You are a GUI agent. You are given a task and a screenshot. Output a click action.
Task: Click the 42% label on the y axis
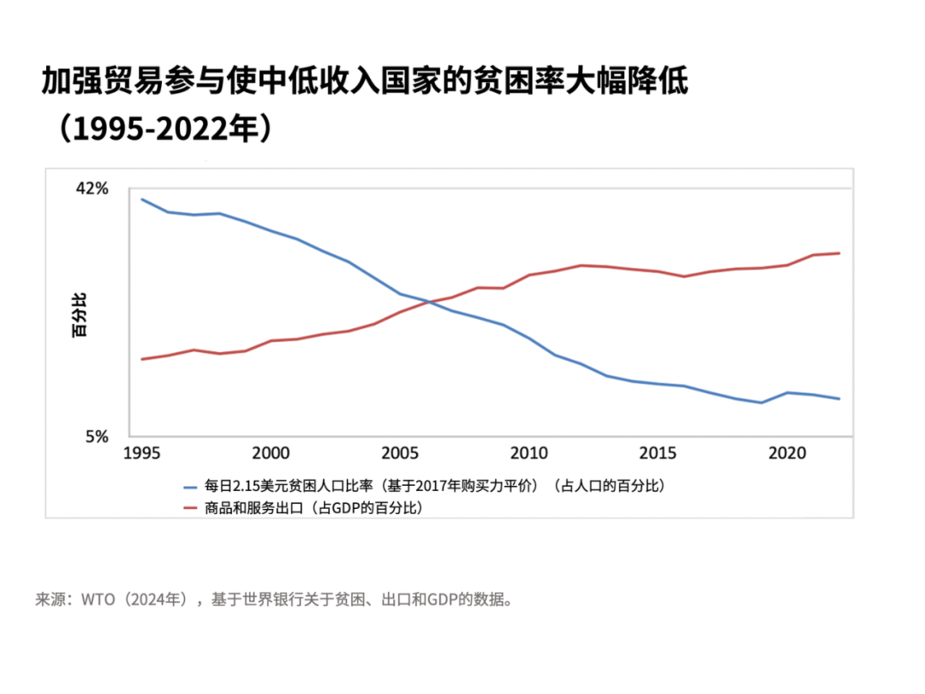coord(92,188)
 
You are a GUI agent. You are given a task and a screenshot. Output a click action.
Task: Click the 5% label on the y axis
coord(96,436)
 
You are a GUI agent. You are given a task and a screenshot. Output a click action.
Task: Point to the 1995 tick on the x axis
coord(141,453)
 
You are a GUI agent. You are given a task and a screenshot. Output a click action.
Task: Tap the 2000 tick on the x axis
coord(271,453)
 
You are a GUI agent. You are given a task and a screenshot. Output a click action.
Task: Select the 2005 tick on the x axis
coord(400,453)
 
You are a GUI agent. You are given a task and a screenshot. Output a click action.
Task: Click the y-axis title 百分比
coord(79,314)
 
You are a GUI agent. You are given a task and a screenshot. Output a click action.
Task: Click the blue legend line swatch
coord(191,486)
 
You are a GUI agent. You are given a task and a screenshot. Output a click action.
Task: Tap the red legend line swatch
coord(191,507)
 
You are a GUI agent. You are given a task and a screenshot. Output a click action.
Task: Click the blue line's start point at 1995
coord(141,200)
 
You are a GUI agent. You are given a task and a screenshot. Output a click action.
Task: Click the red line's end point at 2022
coord(839,253)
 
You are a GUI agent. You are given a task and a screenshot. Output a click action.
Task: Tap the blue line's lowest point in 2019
coord(761,403)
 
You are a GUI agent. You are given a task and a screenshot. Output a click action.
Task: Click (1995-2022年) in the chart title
coord(163,128)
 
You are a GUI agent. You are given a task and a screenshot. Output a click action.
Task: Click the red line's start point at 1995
coord(141,359)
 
